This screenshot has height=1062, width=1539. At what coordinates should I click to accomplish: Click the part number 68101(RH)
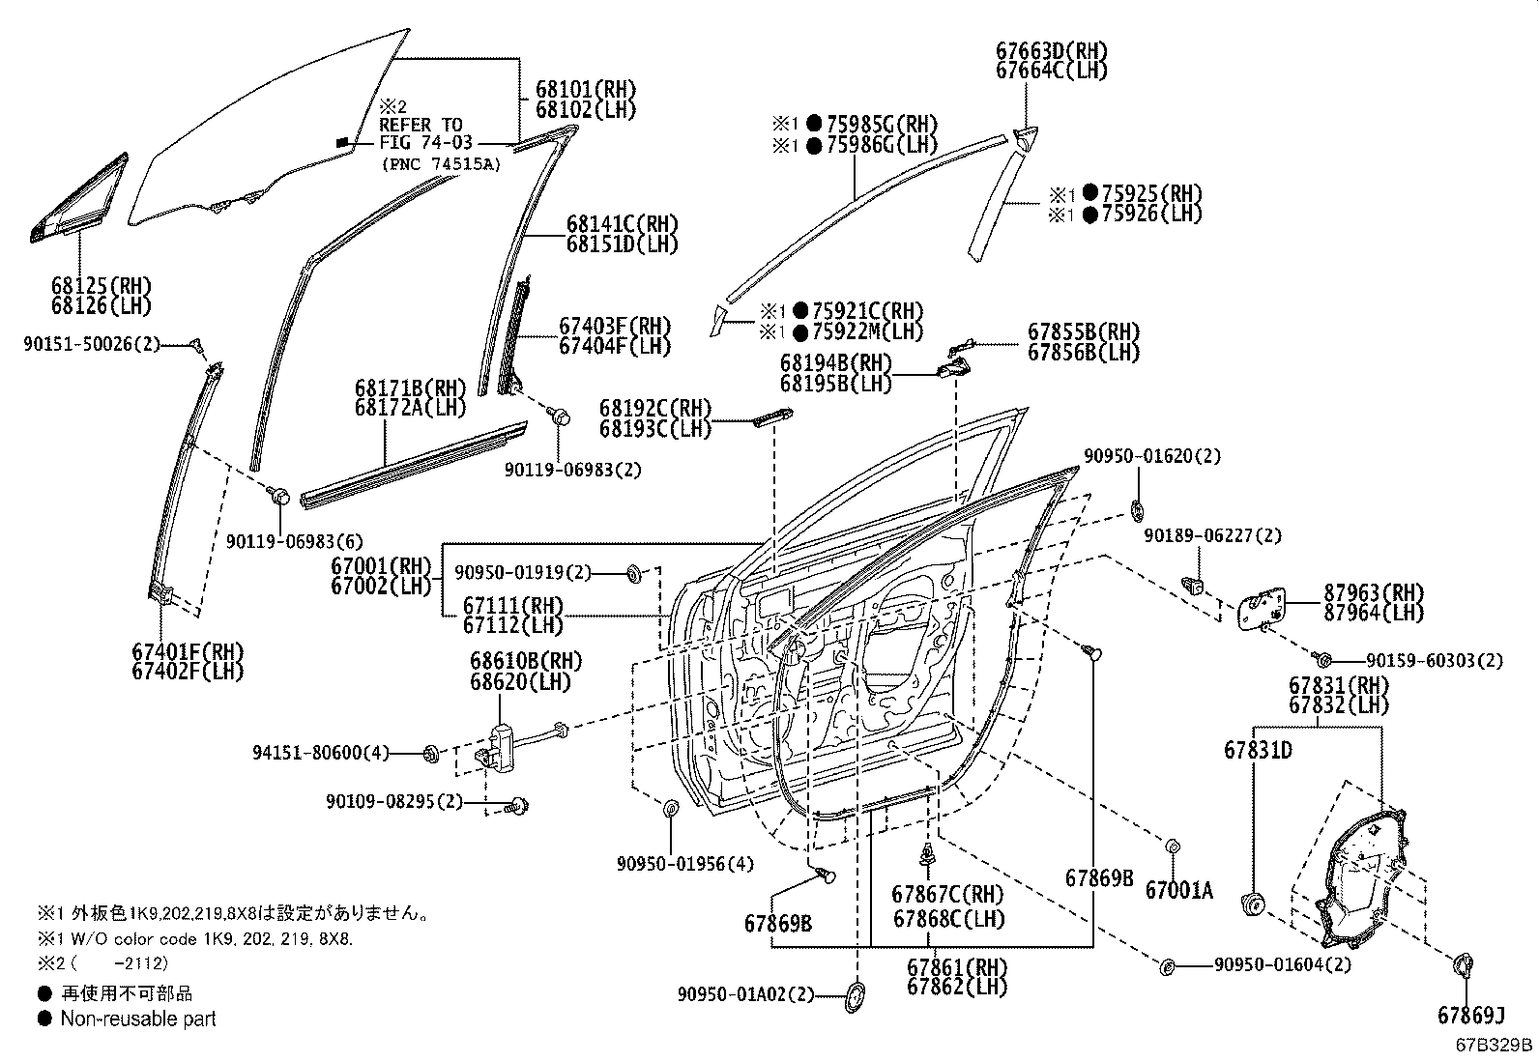[586, 89]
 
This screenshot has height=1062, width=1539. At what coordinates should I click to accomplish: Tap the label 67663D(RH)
[1052, 50]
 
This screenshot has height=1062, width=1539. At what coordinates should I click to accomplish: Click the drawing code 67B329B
[1495, 1046]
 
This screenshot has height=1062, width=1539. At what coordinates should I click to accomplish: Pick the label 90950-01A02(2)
[746, 993]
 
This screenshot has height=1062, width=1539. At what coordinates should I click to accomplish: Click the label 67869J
[1471, 1016]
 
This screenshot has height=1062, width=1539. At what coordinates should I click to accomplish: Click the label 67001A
[1178, 890]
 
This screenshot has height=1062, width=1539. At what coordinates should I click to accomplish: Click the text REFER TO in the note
[421, 125]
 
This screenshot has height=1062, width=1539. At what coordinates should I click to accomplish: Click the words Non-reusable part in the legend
[138, 1019]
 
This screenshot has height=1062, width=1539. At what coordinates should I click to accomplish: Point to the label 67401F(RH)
[188, 650]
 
